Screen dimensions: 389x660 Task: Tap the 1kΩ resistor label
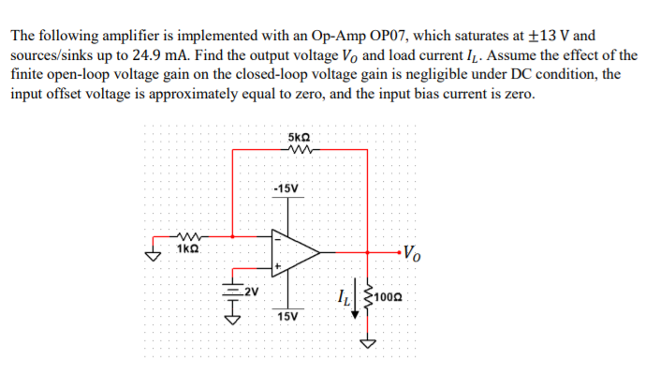coord(188,251)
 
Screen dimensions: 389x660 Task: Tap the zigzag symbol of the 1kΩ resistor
coord(188,237)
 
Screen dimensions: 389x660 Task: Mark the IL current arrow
coord(357,302)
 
